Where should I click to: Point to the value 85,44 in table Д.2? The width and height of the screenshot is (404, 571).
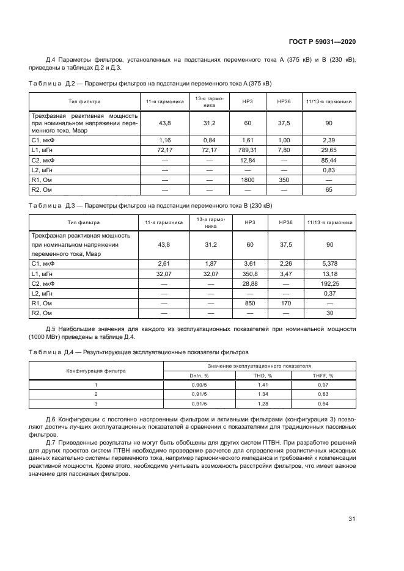(x=329, y=159)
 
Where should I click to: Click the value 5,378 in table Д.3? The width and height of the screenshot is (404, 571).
(x=329, y=263)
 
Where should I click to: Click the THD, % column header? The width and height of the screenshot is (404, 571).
(x=262, y=376)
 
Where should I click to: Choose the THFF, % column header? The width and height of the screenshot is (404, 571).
(x=323, y=376)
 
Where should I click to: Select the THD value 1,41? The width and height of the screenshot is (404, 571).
(x=262, y=385)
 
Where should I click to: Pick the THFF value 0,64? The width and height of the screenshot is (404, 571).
(x=323, y=404)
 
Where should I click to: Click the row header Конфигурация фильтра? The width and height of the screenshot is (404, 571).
(x=96, y=371)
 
